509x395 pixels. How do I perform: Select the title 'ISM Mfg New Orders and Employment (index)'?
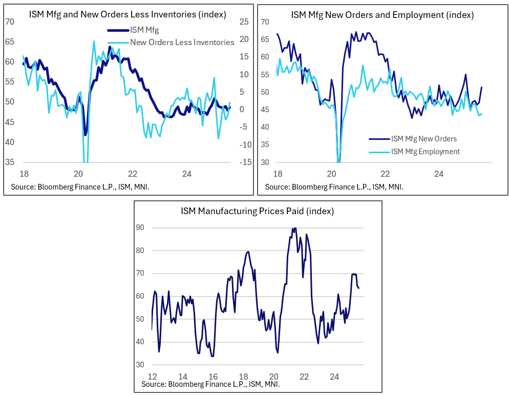[382, 14]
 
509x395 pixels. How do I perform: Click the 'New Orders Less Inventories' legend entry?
[182, 43]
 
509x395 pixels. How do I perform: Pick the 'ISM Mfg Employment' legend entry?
[425, 152]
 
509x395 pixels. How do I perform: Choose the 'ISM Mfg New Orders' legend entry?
[423, 138]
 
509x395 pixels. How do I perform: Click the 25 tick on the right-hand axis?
[244, 22]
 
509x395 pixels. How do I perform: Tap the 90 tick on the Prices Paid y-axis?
[140, 227]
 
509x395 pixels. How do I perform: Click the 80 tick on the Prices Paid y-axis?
[140, 251]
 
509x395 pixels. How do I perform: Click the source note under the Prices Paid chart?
[209, 384]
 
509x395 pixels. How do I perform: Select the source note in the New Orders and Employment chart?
[334, 187]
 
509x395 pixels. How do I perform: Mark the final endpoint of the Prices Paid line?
[358, 288]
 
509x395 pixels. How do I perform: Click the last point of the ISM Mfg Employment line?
[482, 114]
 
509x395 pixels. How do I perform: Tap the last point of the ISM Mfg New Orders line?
[482, 87]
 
